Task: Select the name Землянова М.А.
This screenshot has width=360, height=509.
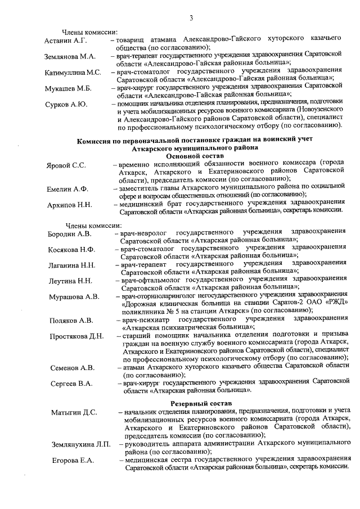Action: (x=70, y=57)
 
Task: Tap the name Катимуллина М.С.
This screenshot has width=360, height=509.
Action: (x=74, y=73)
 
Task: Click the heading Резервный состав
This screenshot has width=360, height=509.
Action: (x=197, y=404)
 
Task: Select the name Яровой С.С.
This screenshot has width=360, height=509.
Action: (x=66, y=165)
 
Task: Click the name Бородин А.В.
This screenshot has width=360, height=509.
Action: (x=70, y=233)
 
